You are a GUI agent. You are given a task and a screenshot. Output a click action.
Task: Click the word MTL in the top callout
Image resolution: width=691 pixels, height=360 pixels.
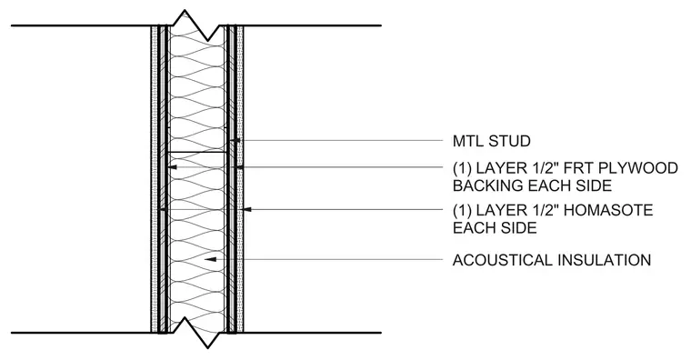468,141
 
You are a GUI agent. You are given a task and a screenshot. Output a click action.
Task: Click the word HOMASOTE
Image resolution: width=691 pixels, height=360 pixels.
608,210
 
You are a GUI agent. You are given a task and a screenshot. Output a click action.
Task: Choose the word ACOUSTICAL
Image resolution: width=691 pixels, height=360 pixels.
503,260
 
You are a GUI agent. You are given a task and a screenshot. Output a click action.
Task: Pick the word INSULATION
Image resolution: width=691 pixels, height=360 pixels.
605,260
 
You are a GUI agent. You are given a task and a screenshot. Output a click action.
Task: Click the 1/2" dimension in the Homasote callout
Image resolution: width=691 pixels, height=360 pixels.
540,210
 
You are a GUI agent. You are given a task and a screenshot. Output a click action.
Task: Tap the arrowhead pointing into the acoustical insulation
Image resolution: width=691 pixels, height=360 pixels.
210,259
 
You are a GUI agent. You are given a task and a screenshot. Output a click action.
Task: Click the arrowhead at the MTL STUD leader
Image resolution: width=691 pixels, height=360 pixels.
235,141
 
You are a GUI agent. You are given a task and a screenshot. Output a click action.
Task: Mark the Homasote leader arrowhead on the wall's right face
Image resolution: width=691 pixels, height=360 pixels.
247,209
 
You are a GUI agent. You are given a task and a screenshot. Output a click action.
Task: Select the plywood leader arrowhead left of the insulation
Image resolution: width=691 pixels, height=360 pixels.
173,167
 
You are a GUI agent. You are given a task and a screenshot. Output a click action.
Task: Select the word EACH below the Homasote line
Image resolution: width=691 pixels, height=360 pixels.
472,228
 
